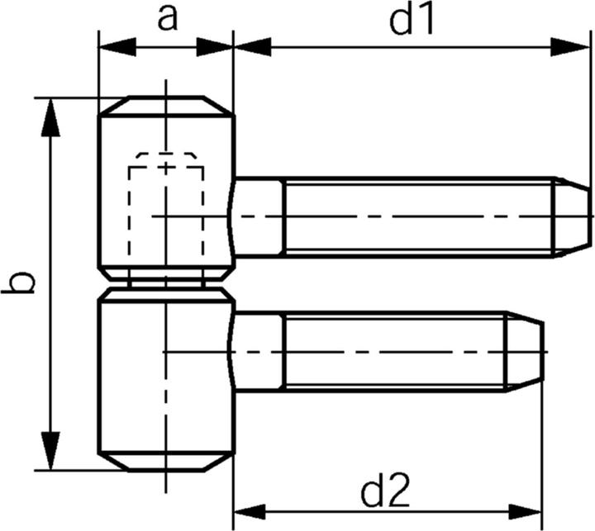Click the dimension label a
[167, 17]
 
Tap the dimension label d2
[386, 493]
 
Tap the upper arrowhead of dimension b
[52, 116]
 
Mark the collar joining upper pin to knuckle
[259, 216]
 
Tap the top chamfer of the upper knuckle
[166, 107]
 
